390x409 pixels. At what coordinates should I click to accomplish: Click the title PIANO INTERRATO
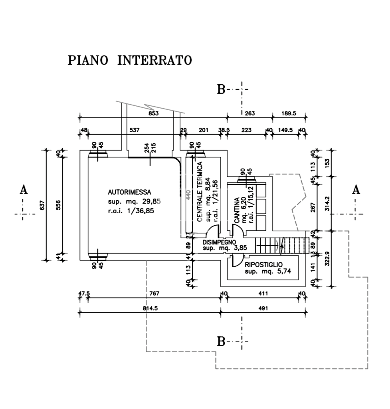click(130, 61)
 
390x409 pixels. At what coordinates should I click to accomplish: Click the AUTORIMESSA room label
click(129, 191)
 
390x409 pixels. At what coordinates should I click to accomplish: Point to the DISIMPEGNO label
click(220, 242)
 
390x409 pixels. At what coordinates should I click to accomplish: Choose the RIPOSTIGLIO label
click(263, 264)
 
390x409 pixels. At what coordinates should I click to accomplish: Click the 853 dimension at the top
click(154, 113)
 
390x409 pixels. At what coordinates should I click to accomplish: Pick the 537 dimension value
click(135, 130)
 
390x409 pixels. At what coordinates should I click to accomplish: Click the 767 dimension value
click(154, 294)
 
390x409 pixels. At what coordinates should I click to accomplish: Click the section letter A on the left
click(24, 190)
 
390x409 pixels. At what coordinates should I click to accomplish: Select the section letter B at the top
click(221, 89)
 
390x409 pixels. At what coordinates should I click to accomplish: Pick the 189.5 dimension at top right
click(289, 113)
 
